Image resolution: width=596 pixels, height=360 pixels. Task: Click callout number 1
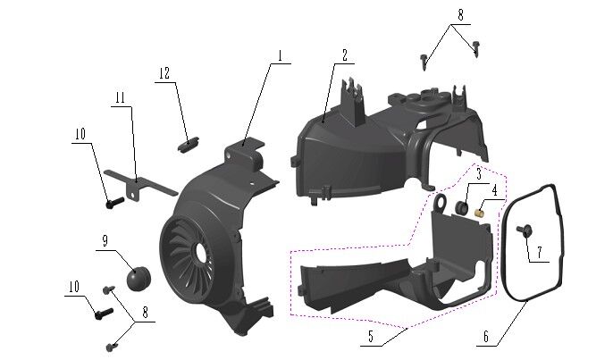pos(279,55)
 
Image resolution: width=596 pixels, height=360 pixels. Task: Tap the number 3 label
pos(478,172)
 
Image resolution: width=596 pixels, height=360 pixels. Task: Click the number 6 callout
pos(485,337)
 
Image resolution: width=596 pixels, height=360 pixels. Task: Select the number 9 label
pos(105,241)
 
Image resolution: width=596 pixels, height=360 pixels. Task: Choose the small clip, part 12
pos(188,140)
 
